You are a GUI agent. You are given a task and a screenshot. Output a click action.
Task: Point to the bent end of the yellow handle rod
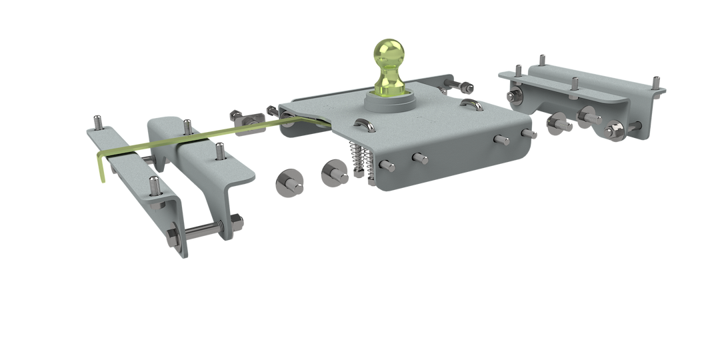tap(100, 167)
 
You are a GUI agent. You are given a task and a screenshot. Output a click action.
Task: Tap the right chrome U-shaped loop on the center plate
tap(471, 105)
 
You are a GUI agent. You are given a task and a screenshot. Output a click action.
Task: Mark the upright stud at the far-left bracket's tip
tap(99, 123)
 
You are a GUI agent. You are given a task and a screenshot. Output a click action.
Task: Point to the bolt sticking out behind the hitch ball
tap(460, 87)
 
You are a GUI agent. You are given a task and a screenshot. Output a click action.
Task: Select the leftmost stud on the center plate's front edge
tap(386, 164)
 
